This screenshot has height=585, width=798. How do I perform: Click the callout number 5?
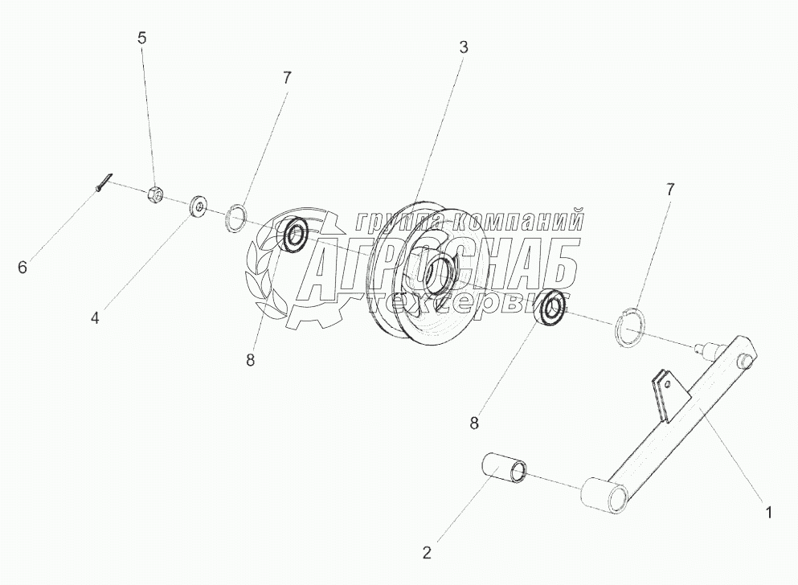click(142, 38)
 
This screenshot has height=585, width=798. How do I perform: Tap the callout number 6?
click(23, 267)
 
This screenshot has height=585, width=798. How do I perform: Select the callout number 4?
click(95, 317)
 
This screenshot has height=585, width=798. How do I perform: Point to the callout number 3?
click(464, 47)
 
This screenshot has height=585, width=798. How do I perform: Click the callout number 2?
click(427, 552)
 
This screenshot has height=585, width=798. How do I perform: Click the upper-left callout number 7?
click(287, 78)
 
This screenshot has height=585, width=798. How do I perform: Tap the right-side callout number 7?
click(669, 190)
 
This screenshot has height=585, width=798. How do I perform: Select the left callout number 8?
click(251, 361)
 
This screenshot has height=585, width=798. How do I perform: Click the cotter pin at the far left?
click(104, 182)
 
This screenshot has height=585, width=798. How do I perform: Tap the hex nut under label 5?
click(158, 194)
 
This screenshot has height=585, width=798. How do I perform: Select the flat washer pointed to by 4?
click(197, 207)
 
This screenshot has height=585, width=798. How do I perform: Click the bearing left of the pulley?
click(295, 235)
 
